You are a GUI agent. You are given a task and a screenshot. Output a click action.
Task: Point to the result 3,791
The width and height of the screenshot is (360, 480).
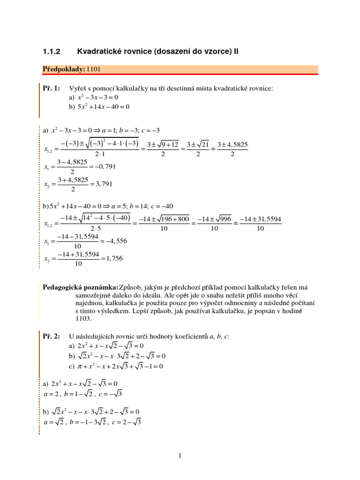pyautogui.click(x=102, y=184)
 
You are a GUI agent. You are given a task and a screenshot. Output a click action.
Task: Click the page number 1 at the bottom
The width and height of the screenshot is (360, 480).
pyautogui.click(x=180, y=455)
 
